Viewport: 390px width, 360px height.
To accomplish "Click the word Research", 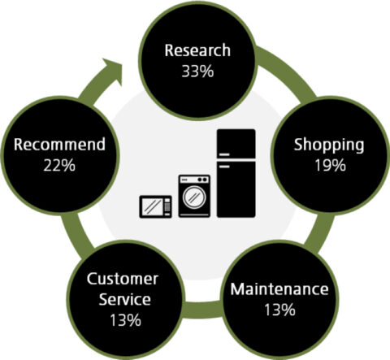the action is (x=197, y=50).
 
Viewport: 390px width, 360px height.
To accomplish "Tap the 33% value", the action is (x=197, y=72).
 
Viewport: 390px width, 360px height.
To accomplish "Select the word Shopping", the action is (x=329, y=145).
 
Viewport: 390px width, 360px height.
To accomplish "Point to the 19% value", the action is (x=330, y=165).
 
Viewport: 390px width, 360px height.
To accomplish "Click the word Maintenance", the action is (x=279, y=289).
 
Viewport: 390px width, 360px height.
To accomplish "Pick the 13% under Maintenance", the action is (x=279, y=310).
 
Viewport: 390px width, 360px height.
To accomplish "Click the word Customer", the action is (x=123, y=279).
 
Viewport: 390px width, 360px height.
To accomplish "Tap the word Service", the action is (x=125, y=299).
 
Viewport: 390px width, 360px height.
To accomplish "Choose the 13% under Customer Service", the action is (x=125, y=320).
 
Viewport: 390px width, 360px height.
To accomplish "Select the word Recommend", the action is (x=59, y=145).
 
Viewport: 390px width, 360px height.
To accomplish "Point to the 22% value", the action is (x=59, y=165).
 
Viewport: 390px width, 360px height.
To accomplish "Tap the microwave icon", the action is (x=155, y=206).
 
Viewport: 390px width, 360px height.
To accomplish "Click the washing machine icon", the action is (x=194, y=196).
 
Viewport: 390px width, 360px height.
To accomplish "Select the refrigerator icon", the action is (x=236, y=173).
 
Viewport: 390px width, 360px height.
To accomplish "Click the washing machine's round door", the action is (x=194, y=197).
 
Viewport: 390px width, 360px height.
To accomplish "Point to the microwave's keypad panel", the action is (x=167, y=206).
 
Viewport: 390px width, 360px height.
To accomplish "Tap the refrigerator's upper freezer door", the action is (x=236, y=144).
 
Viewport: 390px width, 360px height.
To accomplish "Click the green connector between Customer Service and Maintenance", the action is (x=201, y=310).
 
